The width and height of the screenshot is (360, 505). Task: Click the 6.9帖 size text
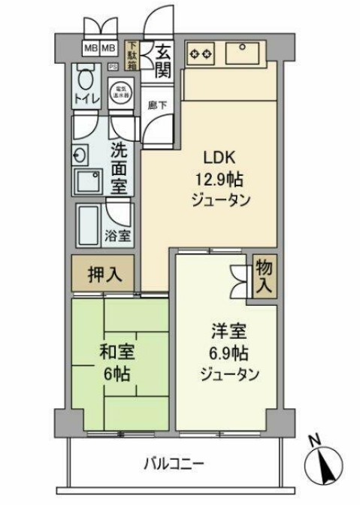click(x=228, y=352)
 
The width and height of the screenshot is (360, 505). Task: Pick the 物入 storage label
click(x=263, y=276)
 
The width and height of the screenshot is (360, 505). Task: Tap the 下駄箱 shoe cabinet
click(x=132, y=56)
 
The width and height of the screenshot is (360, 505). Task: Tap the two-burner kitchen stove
click(x=201, y=53)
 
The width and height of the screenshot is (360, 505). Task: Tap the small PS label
click(x=113, y=66)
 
